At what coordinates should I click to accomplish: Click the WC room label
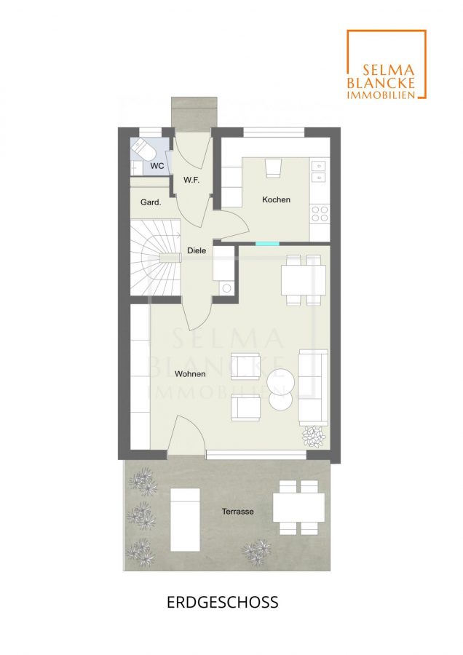(157, 166)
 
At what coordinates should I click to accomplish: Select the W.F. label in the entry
(191, 180)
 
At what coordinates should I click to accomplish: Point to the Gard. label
(151, 202)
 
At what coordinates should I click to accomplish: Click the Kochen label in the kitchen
(276, 199)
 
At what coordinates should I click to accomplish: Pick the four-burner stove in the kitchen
(320, 213)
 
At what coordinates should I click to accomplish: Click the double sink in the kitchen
(320, 172)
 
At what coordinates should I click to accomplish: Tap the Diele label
(197, 250)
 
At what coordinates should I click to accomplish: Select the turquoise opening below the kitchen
(267, 244)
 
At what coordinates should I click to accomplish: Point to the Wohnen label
(190, 374)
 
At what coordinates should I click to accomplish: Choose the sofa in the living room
(313, 387)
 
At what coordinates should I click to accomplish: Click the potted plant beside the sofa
(314, 437)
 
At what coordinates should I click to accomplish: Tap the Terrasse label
(238, 512)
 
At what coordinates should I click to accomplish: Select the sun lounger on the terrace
(185, 520)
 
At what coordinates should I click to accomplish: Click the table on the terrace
(298, 507)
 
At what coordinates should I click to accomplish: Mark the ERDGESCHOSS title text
(223, 602)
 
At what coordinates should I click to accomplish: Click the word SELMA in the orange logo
(383, 70)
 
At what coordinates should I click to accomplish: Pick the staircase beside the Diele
(156, 258)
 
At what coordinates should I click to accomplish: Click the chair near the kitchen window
(273, 168)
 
